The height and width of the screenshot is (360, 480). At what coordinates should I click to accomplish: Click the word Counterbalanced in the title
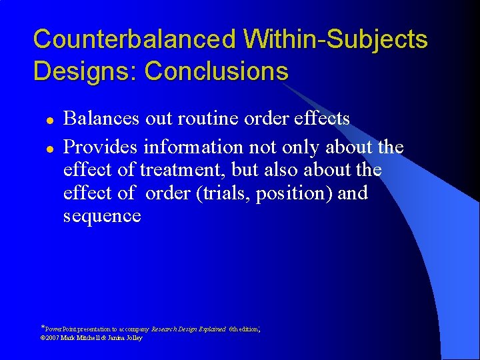point(134,40)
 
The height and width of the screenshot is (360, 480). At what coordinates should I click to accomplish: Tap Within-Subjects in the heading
point(335,40)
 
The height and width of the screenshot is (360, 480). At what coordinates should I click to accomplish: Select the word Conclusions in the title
point(216,71)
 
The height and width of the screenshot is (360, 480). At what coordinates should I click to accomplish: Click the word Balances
point(101,119)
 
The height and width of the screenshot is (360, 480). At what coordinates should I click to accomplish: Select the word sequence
point(102,217)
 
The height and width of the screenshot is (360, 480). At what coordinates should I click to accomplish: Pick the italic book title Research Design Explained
point(189,329)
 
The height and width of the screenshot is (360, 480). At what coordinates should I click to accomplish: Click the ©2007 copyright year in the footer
point(52,338)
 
